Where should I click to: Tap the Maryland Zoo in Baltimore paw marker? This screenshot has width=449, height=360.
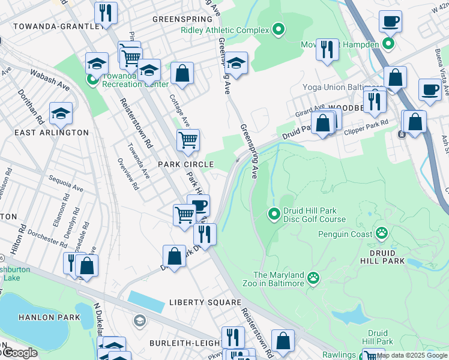313,277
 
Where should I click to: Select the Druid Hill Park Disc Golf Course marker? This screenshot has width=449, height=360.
274,213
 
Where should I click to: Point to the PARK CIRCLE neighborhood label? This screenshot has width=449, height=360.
185,164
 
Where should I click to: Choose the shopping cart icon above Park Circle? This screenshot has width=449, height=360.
188,140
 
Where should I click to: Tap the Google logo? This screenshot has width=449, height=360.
19,353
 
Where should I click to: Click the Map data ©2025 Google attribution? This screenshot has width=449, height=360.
412,355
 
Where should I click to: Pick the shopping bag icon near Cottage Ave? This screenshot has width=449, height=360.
182,74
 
